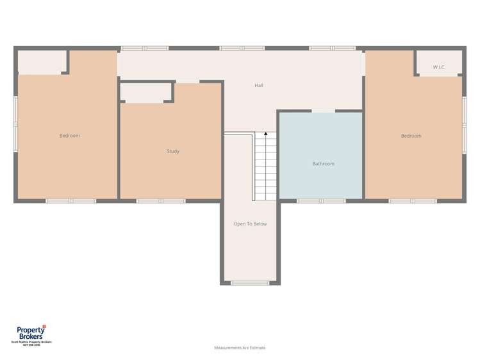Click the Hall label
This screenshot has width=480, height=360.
(x=259, y=85)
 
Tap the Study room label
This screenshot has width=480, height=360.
(x=173, y=151)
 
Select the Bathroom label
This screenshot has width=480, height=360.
(x=323, y=164)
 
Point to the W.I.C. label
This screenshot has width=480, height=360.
(x=439, y=67)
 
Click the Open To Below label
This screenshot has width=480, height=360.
(x=250, y=224)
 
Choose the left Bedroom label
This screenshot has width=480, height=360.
(x=70, y=136)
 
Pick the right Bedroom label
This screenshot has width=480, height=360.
(x=411, y=136)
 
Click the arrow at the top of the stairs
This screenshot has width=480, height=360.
(x=265, y=135)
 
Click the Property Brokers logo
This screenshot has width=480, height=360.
(x=31, y=333)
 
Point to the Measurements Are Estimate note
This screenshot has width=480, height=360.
(x=240, y=348)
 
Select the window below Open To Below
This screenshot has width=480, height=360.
(x=250, y=282)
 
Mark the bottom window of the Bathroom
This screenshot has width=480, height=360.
(x=321, y=201)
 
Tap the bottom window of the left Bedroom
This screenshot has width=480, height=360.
(x=70, y=201)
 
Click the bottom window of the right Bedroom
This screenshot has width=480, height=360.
(x=413, y=201)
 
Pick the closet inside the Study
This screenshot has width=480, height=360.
(x=146, y=93)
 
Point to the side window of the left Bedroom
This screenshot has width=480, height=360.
(x=15, y=124)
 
